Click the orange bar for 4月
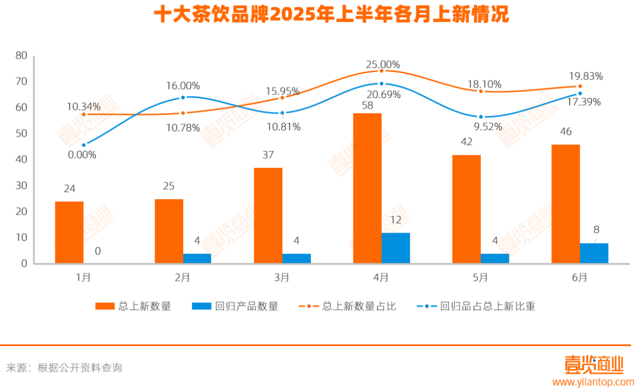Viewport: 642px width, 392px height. point(367,188)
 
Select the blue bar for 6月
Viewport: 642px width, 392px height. point(594,253)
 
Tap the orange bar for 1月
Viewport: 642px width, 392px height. point(69,232)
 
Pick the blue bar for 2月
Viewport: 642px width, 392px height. point(197,258)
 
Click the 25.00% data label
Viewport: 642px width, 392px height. point(383,64)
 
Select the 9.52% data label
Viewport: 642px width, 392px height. point(487,126)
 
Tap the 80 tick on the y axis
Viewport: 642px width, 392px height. point(21,56)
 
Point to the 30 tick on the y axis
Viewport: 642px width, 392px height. point(21,186)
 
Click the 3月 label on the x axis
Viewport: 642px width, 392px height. point(282,277)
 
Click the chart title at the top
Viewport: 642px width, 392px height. point(331,15)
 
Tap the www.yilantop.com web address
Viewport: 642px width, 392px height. point(593,382)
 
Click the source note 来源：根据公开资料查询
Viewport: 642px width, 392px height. point(64,368)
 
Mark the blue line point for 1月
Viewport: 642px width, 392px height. point(84,145)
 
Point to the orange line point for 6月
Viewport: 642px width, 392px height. point(580,86)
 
